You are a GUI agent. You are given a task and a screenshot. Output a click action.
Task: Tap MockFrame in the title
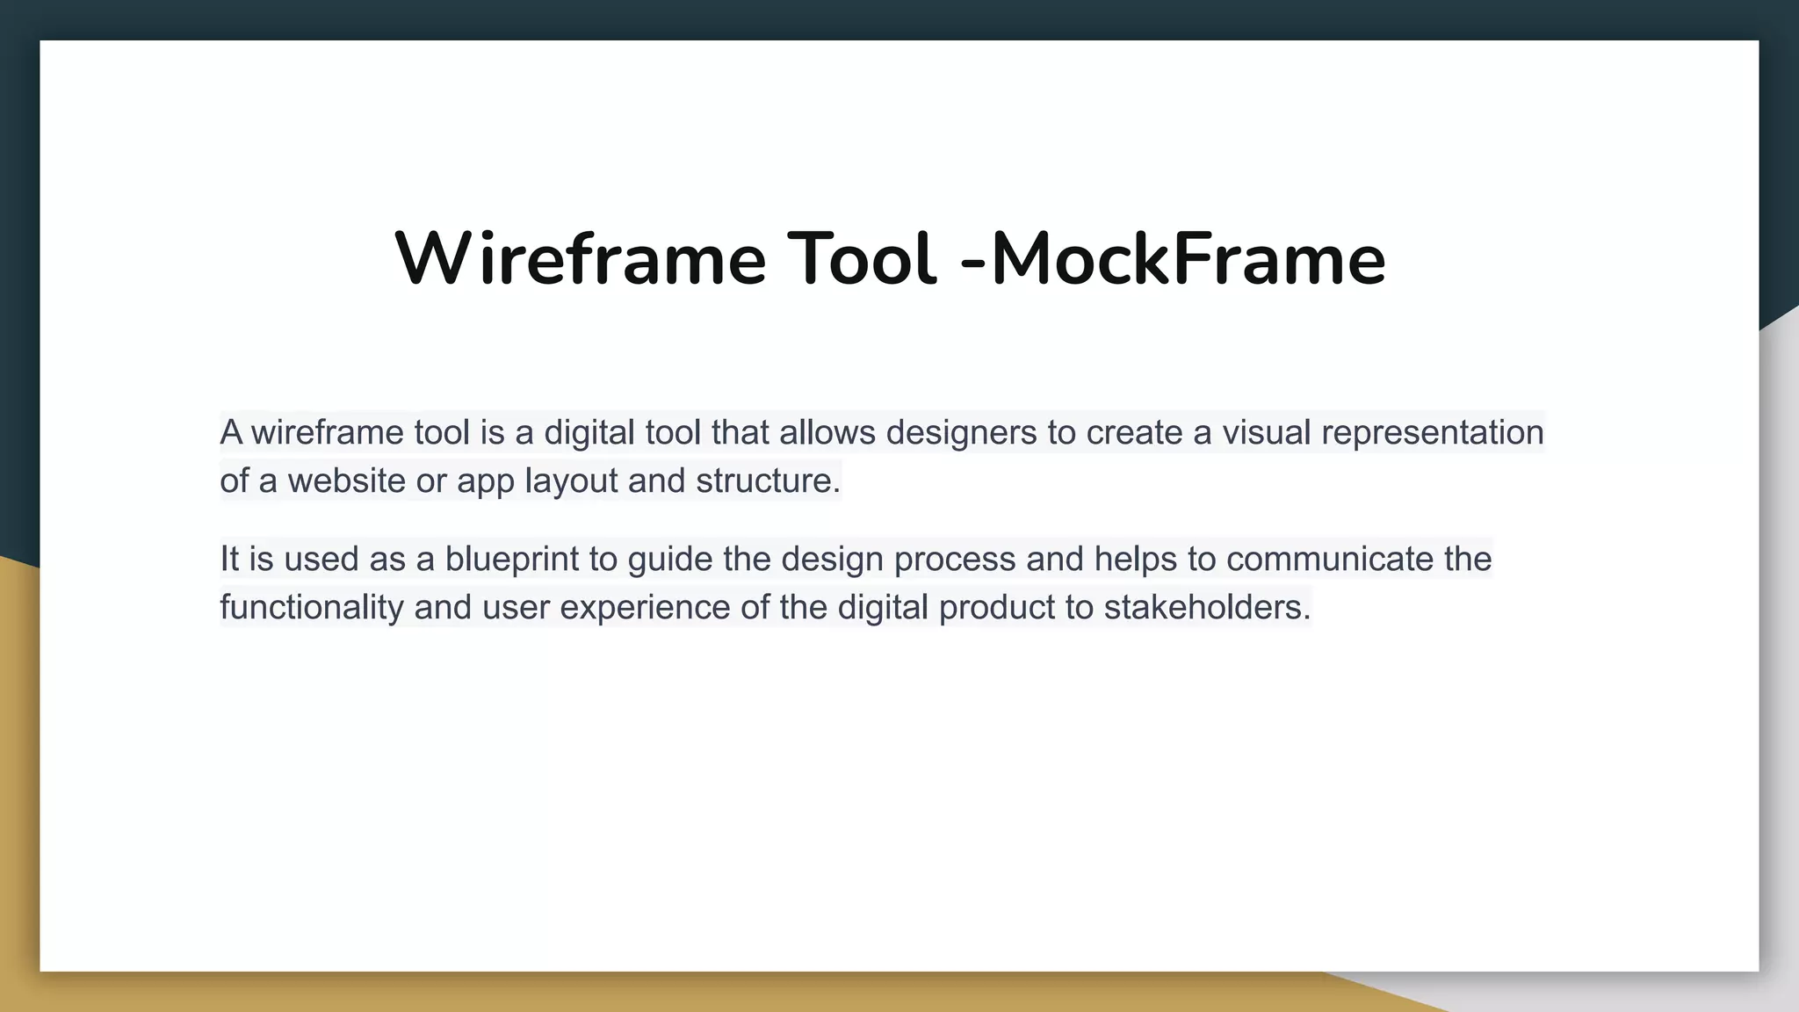(1188, 260)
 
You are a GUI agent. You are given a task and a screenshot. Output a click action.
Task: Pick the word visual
(1266, 432)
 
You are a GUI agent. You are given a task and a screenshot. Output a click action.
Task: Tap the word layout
(571, 481)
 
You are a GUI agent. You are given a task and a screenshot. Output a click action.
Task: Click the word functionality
(311, 607)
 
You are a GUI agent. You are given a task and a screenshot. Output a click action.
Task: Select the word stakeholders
(1206, 607)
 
